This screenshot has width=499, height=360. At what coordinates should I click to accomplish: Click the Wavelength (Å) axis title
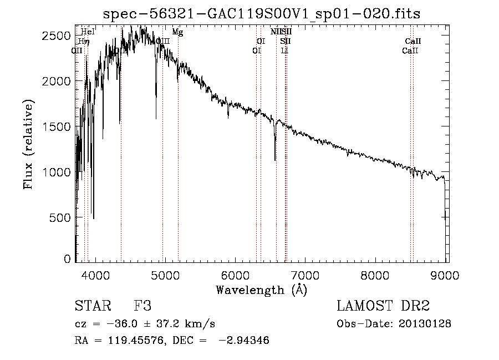click(x=261, y=290)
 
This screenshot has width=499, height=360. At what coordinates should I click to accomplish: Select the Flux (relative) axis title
click(x=29, y=144)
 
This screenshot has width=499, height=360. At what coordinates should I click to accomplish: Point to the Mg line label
click(x=177, y=32)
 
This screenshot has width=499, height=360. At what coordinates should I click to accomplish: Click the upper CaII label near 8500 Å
click(x=413, y=42)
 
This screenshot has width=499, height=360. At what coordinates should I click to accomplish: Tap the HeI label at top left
click(x=88, y=32)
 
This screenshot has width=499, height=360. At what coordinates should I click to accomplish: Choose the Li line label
click(x=284, y=50)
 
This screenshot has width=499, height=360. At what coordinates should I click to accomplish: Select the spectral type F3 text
click(x=142, y=307)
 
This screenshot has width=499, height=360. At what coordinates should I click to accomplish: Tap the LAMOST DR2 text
click(x=383, y=307)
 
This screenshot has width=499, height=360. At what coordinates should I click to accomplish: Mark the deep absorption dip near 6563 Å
click(x=275, y=158)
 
